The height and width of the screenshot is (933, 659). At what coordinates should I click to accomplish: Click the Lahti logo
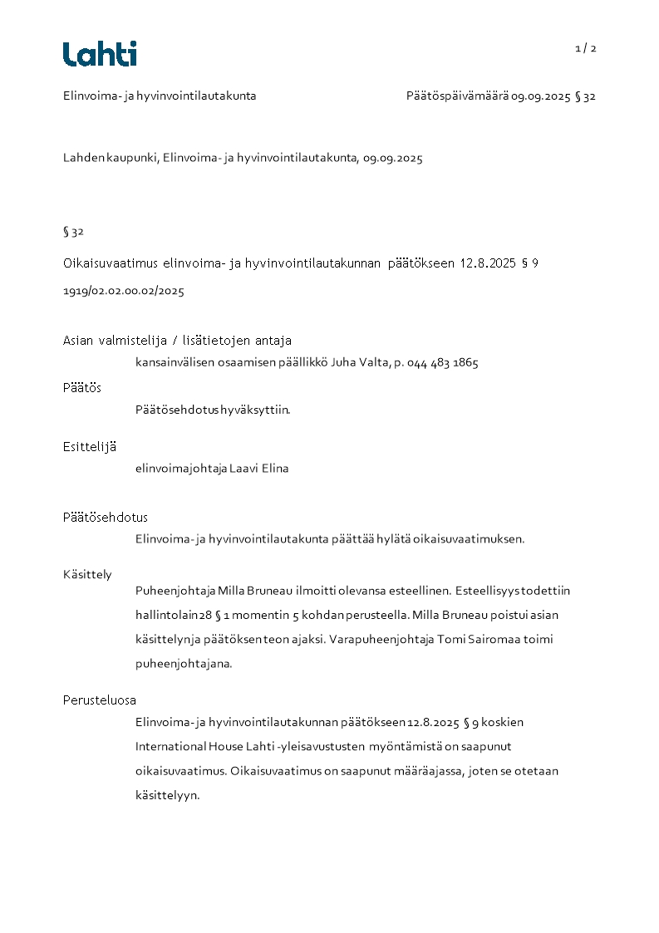pyautogui.click(x=100, y=54)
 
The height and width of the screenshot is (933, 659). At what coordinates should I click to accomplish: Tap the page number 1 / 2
pyautogui.click(x=586, y=48)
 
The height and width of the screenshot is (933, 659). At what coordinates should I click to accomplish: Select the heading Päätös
pyautogui.click(x=82, y=388)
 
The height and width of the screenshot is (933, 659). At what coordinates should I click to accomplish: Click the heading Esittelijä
pyautogui.click(x=90, y=447)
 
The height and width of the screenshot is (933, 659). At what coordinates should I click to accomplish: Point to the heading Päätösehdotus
pyautogui.click(x=106, y=518)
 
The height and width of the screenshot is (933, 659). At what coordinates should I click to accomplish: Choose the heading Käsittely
pyautogui.click(x=87, y=574)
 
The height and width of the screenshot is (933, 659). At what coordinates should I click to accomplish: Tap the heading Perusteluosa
pyautogui.click(x=100, y=700)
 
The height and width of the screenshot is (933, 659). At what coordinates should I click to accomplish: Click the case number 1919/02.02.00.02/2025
pyautogui.click(x=124, y=292)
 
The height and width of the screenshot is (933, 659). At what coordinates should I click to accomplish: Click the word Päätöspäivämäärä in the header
pyautogui.click(x=457, y=96)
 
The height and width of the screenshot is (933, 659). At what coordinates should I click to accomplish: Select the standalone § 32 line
pyautogui.click(x=73, y=232)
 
